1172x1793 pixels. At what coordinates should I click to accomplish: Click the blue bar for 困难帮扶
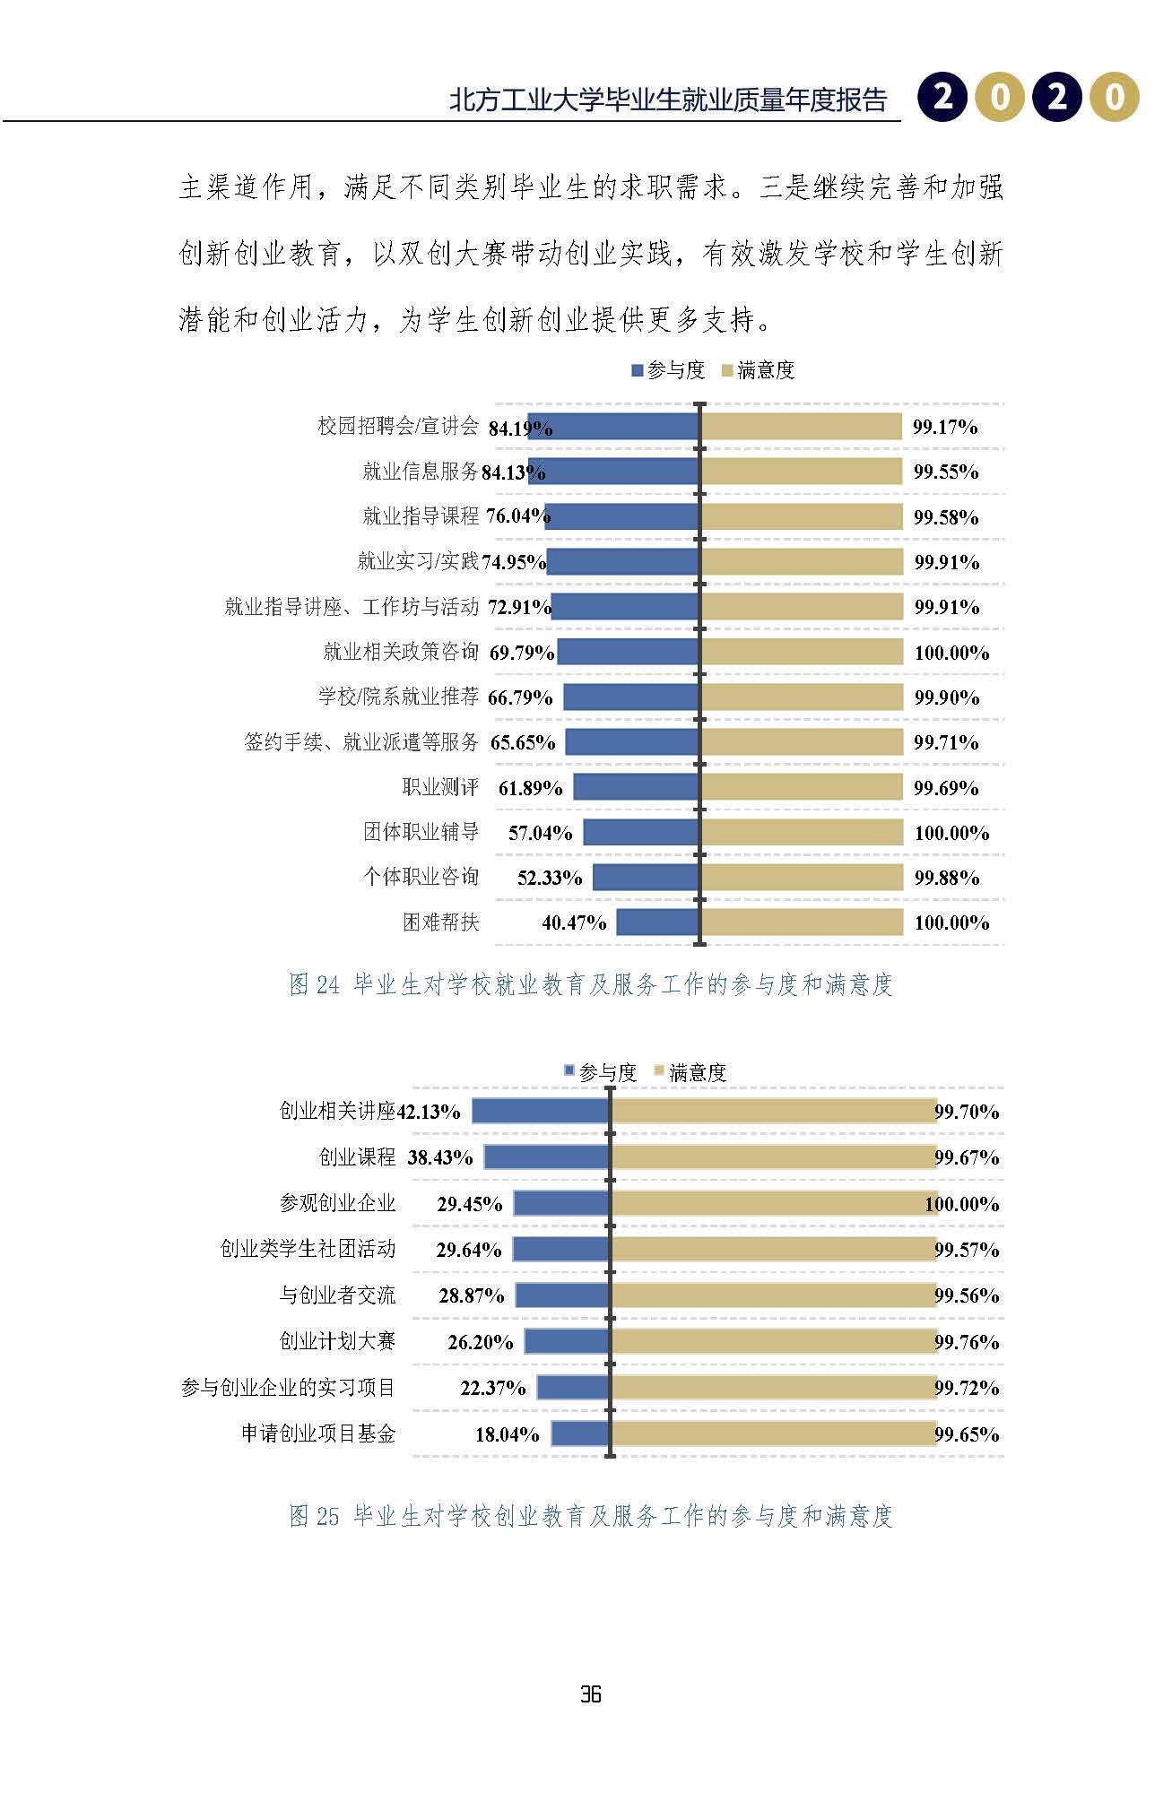(657, 922)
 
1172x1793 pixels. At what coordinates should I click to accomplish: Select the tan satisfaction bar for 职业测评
(802, 787)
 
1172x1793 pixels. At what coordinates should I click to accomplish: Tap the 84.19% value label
(520, 429)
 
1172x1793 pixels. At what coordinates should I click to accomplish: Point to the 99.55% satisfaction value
(946, 472)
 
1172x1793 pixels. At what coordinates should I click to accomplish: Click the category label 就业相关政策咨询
(401, 652)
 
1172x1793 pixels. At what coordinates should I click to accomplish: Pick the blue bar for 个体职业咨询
(646, 877)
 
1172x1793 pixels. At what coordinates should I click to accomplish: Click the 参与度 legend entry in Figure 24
(668, 370)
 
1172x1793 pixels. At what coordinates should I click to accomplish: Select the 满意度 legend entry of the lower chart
(690, 1072)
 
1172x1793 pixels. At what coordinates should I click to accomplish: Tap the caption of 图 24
(591, 984)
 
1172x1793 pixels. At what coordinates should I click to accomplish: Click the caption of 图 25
(591, 1516)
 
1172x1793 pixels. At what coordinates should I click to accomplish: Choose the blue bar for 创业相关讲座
(541, 1112)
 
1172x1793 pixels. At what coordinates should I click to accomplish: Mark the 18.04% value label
(507, 1434)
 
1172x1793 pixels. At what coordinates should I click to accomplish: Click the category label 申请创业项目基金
(318, 1434)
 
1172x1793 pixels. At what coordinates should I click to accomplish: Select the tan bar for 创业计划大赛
(774, 1341)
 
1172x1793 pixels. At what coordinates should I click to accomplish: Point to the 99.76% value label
(967, 1342)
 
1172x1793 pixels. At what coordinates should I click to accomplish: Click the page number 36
(590, 1693)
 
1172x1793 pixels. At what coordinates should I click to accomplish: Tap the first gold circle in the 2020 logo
(999, 96)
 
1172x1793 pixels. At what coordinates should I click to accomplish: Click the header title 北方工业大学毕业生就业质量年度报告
(668, 100)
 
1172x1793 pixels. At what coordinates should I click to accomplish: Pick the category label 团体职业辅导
(421, 832)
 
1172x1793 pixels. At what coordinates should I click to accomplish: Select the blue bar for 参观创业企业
(561, 1203)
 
